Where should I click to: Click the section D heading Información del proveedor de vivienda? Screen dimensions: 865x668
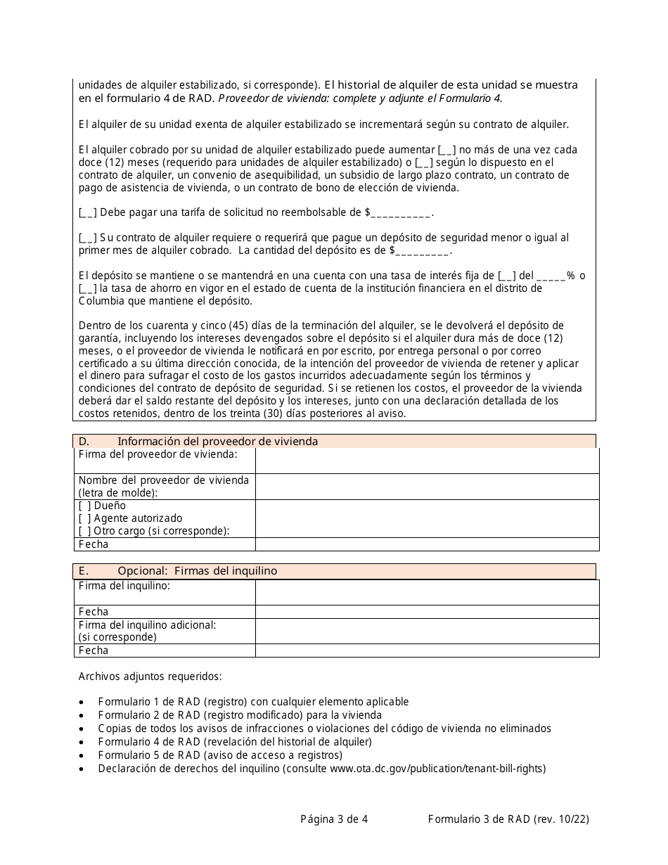coord(217,442)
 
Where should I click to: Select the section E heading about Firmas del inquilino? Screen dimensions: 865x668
coord(197,571)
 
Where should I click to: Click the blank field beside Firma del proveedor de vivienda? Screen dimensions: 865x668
coord(427,461)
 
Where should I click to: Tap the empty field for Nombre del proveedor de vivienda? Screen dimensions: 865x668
coord(427,487)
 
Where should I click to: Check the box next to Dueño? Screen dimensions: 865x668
coord(84,506)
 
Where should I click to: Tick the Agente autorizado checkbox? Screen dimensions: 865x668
coord(84,518)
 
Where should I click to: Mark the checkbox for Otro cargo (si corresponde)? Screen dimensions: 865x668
coord(84,531)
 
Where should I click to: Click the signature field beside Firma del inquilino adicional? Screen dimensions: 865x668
coord(427,631)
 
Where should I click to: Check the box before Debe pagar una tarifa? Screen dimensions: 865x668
coord(88,212)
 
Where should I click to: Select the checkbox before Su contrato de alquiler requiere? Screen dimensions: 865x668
coord(88,238)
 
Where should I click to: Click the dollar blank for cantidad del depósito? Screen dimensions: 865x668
coord(423,250)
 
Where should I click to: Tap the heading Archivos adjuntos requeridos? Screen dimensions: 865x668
coord(150,677)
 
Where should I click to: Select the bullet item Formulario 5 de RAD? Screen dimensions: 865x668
coord(220,755)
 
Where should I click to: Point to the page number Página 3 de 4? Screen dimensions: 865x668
coord(334,819)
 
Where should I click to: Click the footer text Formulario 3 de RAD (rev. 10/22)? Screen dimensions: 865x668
coord(508,819)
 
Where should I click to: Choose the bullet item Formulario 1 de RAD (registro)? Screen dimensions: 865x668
coord(253,702)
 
